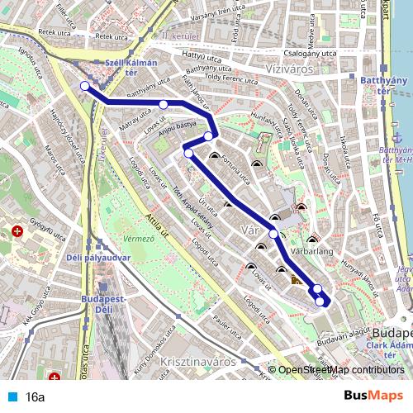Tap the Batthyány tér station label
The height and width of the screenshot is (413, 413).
pos(382,85)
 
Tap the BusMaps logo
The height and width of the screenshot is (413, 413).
pos(373,396)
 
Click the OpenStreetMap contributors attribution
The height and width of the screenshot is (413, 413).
pos(341,370)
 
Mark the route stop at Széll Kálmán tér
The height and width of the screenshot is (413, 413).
pos(84,86)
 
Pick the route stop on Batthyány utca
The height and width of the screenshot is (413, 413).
pos(164,104)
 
